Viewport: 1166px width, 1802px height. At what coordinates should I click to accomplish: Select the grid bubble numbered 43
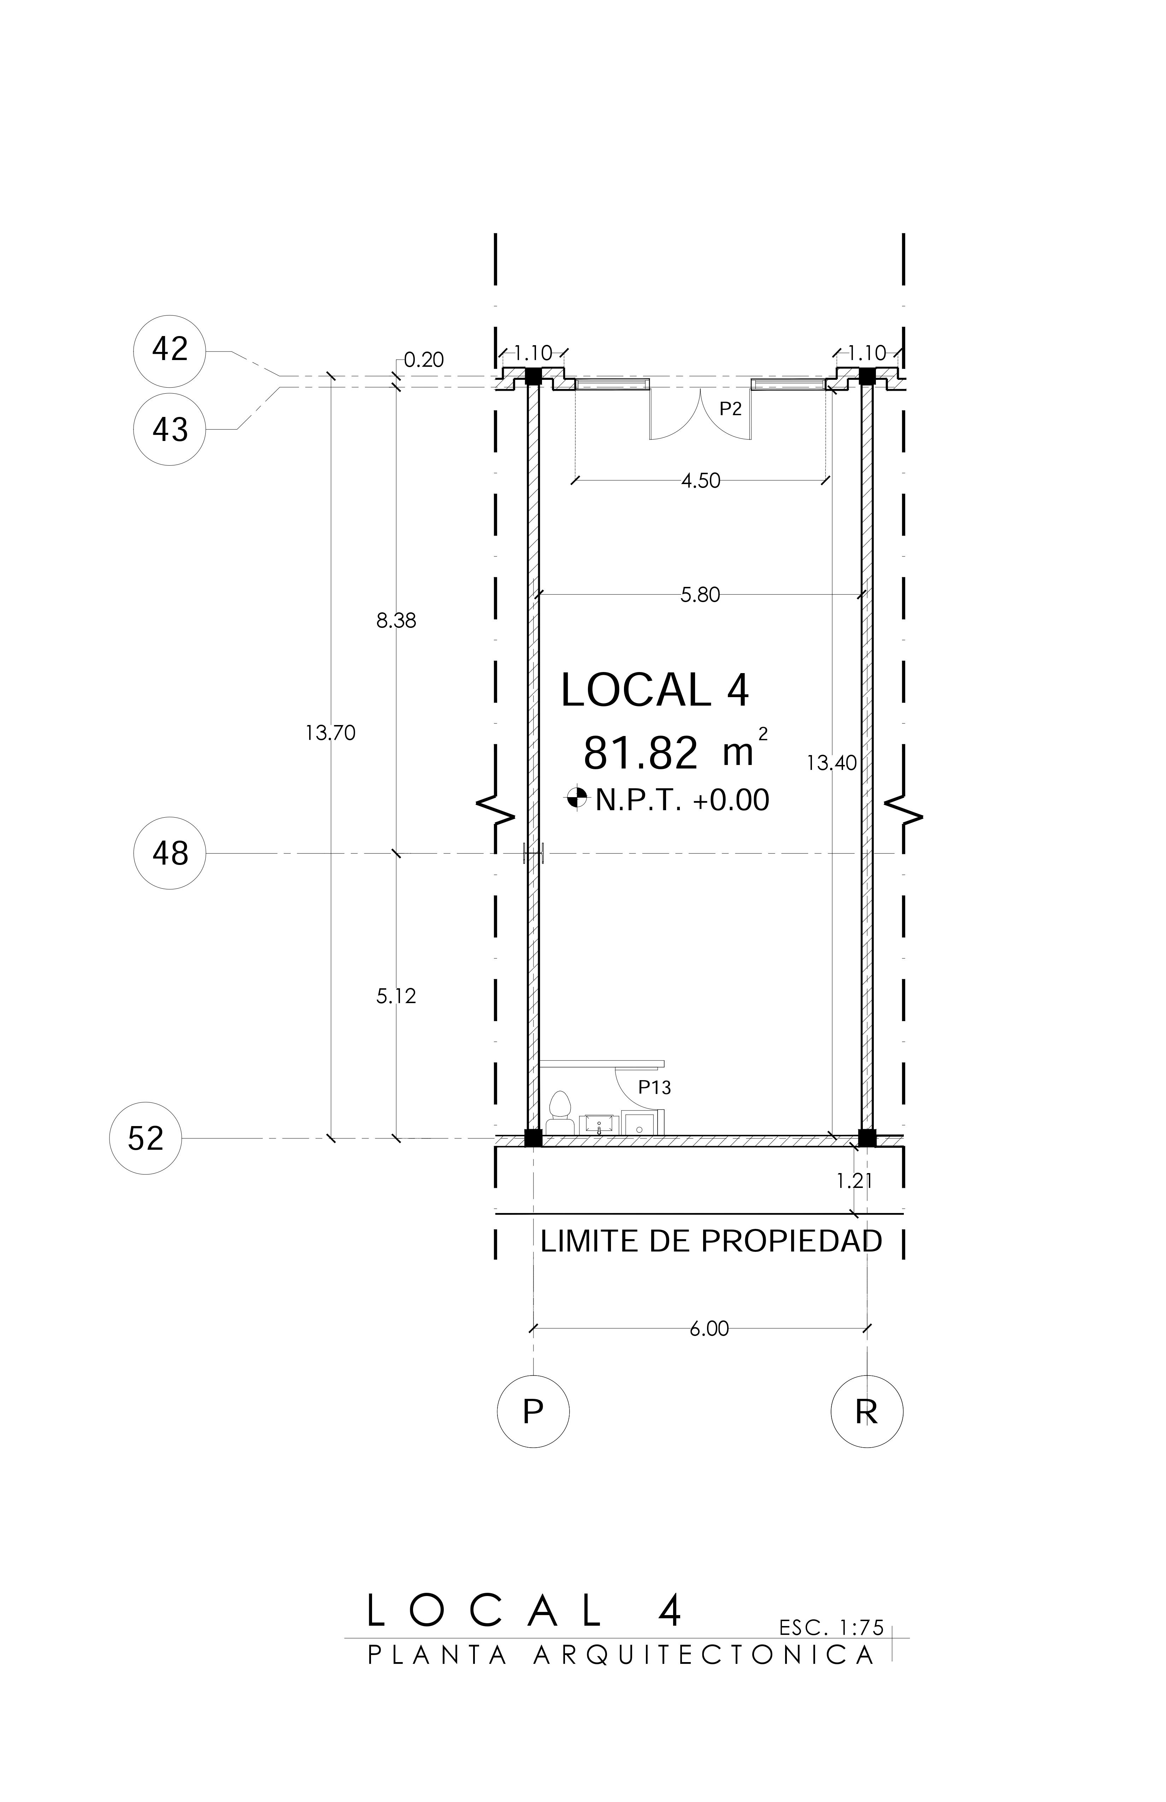(170, 429)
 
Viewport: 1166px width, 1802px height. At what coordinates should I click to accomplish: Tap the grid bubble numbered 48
(170, 853)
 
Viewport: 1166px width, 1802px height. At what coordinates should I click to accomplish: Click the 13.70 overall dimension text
(330, 733)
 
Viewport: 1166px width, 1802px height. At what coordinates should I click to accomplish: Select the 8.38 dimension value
(396, 621)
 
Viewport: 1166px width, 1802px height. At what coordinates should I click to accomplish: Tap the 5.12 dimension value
(396, 996)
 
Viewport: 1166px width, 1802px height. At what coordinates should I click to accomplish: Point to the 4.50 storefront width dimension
(700, 481)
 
